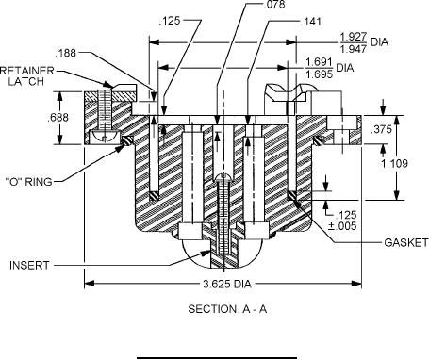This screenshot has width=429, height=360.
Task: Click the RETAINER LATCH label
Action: click(26, 75)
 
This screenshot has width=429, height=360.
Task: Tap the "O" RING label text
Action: click(29, 181)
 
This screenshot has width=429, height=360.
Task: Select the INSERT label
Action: click(29, 265)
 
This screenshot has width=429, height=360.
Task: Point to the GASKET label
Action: click(406, 242)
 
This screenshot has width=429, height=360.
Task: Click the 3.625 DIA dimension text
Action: click(227, 284)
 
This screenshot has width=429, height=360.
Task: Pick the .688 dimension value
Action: click(58, 118)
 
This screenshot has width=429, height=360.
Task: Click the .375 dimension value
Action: click(382, 129)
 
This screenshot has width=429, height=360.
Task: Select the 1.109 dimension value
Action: click(394, 163)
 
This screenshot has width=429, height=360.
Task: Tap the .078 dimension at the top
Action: click(273, 4)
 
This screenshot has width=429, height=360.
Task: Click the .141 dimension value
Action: click(311, 22)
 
